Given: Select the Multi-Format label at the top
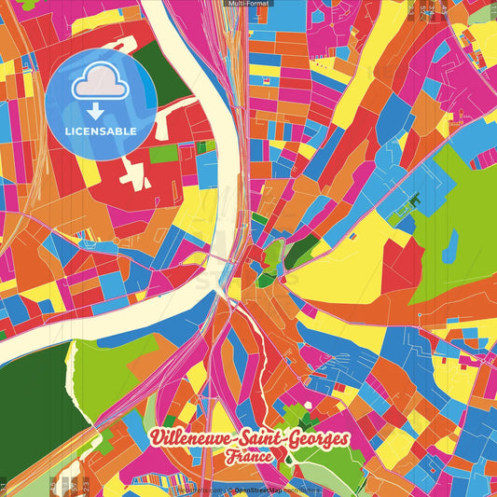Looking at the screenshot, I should pos(248,5).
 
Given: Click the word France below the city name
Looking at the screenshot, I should pos(247,458).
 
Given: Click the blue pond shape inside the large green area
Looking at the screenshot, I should pos(451,242).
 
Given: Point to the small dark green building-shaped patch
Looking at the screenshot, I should pos(414,200).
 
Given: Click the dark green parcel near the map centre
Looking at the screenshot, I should pos(300,250).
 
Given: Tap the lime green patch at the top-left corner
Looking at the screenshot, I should pos(28,5).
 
